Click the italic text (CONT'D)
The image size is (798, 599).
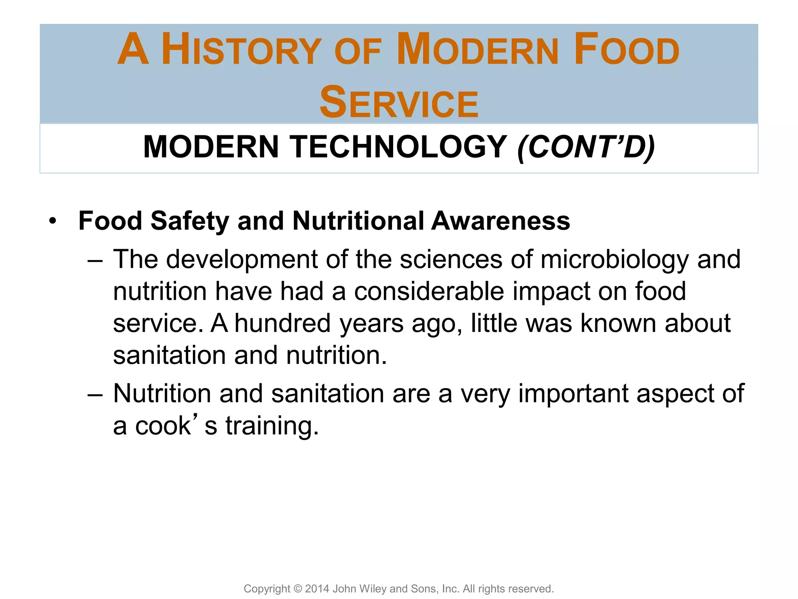point(586,147)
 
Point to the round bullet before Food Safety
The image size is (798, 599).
point(53,222)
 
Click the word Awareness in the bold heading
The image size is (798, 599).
point(500,221)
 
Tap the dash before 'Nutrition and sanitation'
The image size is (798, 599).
point(95,394)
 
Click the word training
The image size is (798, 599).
point(272,426)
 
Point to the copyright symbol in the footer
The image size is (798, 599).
point(298,588)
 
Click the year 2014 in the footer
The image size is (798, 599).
point(317,588)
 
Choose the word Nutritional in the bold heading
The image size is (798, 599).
point(358,221)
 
